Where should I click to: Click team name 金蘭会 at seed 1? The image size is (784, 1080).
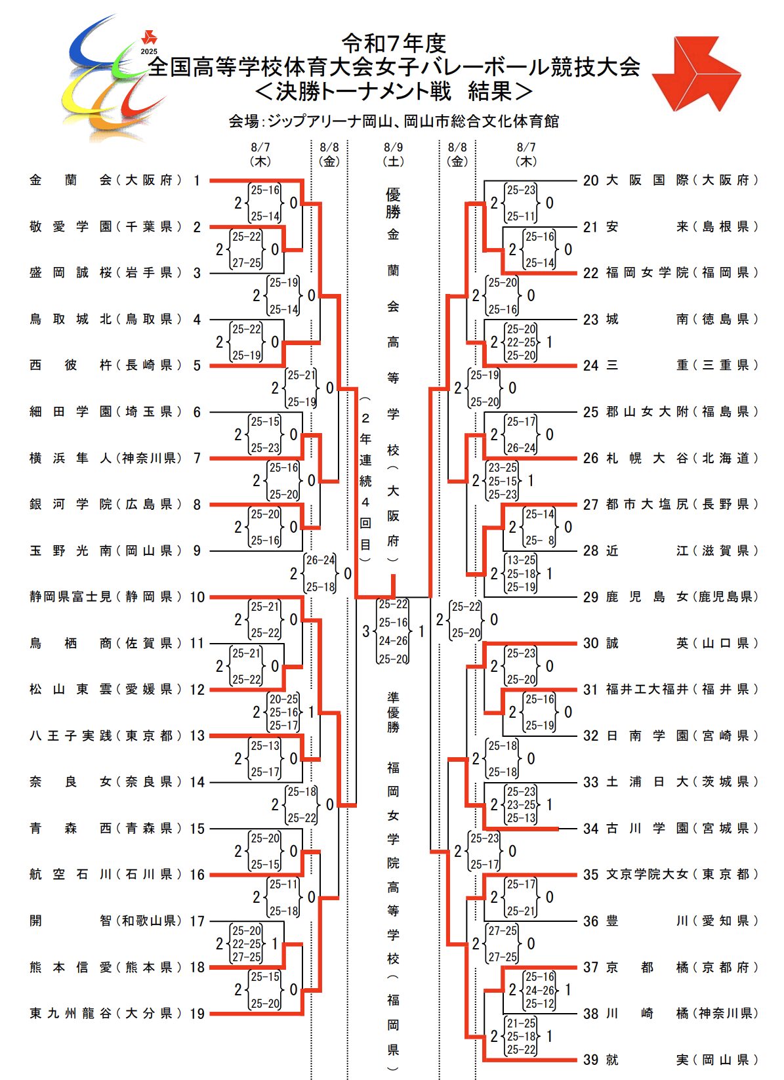pos(71,180)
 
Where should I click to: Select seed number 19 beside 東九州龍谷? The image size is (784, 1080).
pos(197,1014)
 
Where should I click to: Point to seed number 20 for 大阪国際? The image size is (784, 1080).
pos(590,180)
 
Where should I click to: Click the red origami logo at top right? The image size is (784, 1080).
pos(695,72)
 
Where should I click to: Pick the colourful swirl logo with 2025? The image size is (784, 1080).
pos(115,79)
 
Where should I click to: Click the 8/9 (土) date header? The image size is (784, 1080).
pos(393,154)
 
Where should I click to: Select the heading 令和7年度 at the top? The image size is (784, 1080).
pos(394,43)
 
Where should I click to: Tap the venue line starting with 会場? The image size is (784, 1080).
pos(393,121)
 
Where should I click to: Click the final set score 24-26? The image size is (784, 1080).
pos(393,640)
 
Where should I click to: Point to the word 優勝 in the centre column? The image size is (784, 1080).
pos(393,203)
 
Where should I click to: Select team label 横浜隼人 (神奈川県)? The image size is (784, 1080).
pos(106,458)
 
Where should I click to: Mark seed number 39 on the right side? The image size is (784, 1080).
pos(590,1060)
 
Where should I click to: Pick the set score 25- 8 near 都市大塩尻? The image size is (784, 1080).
pos(540,541)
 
